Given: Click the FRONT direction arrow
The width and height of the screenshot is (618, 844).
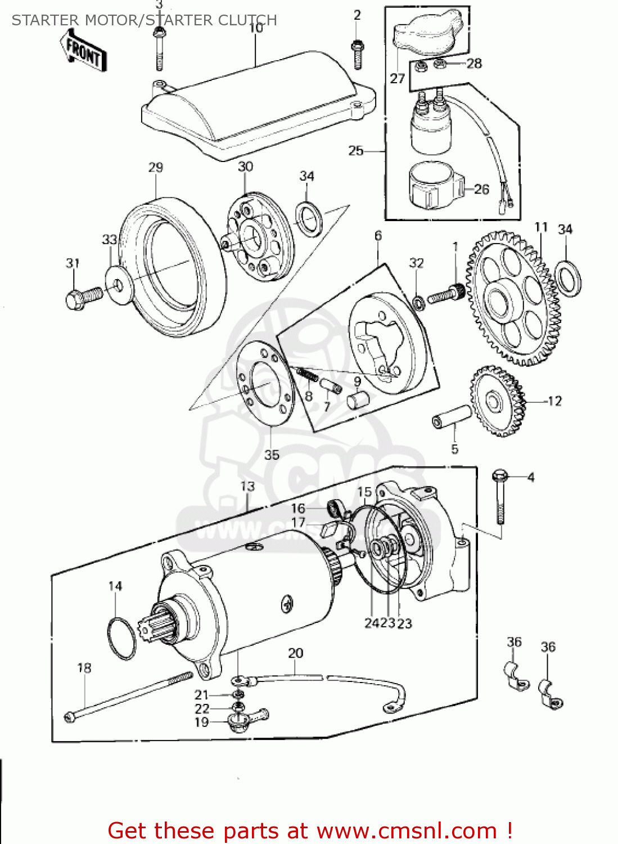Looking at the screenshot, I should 84,51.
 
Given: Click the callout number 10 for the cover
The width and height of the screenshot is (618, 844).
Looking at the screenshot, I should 255,28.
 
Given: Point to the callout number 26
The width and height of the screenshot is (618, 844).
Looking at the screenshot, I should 481,189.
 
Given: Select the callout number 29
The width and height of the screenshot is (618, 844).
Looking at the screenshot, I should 156,167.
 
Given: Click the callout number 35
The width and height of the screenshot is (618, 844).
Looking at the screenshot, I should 272,454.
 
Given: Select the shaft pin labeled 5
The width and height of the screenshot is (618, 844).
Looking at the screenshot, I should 452,417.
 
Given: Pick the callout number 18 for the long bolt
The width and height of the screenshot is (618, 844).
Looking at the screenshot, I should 84,668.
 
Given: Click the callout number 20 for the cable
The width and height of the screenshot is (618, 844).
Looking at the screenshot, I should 296,653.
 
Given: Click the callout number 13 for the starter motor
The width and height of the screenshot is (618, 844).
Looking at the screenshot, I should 248,486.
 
